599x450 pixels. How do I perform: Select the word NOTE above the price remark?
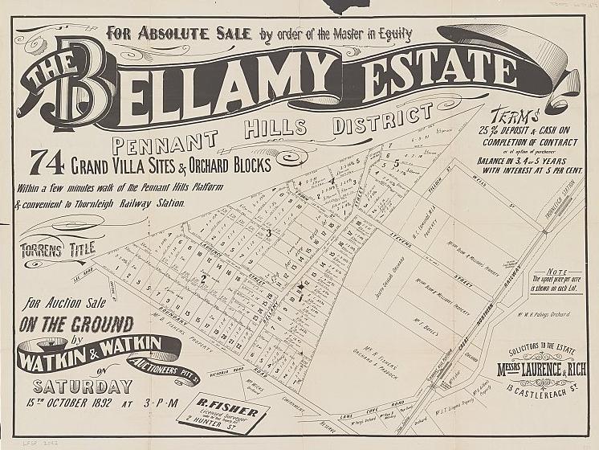point(556,272)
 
